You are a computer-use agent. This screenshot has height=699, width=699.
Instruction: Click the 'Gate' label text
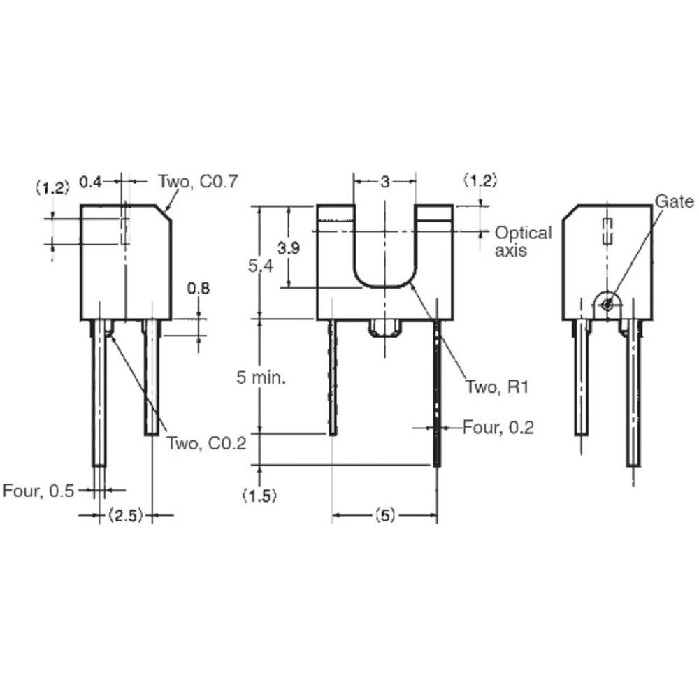[x=674, y=202]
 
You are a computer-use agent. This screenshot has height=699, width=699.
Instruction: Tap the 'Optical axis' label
[x=523, y=241]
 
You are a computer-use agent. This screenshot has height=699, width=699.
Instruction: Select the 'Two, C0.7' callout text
[x=198, y=182]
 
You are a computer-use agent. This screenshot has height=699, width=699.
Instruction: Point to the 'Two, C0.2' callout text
[x=206, y=443]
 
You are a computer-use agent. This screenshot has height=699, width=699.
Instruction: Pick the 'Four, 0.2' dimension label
[x=498, y=427]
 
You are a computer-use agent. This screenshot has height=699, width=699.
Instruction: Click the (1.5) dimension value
[x=259, y=496]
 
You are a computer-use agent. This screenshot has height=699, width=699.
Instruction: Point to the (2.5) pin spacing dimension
[x=126, y=516]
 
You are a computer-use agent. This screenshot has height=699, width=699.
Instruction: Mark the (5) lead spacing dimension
[x=384, y=516]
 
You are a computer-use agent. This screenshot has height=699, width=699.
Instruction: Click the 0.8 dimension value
[x=198, y=287]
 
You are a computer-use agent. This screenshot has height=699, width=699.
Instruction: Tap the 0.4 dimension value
[x=90, y=182]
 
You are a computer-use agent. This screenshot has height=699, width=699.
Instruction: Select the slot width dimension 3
[x=384, y=182]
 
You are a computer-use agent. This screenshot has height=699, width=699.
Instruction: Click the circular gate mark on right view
[x=607, y=304]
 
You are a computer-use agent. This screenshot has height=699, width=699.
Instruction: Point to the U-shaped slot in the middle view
[x=384, y=252]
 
